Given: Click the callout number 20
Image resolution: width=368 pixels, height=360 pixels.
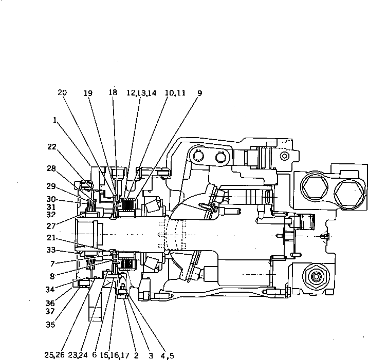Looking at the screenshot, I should pyautogui.click(x=62, y=93).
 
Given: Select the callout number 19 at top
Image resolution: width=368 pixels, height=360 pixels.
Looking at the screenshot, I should pyautogui.click(x=88, y=93).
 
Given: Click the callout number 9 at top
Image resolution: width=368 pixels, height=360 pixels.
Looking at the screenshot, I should pyautogui.click(x=199, y=93).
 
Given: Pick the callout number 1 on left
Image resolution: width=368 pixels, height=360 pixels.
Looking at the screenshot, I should pyautogui.click(x=55, y=120).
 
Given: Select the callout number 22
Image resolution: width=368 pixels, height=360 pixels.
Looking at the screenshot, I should pyautogui.click(x=51, y=146).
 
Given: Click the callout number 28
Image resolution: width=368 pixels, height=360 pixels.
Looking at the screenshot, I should pyautogui.click(x=51, y=168).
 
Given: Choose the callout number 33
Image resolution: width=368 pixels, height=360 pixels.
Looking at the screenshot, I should pyautogui.click(x=51, y=251).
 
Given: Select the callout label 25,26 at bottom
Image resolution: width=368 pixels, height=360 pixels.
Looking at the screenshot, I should pyautogui.click(x=54, y=355).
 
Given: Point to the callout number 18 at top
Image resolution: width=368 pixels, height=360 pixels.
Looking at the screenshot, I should pyautogui.click(x=113, y=93).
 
